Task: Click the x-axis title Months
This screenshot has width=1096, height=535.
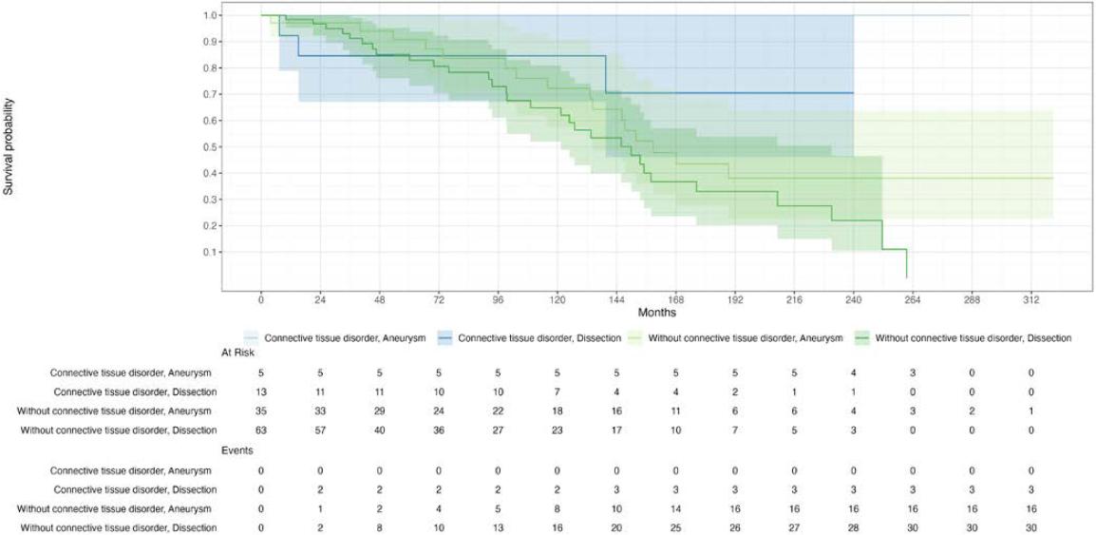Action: click(656, 311)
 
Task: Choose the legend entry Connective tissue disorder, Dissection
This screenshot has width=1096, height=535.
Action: click(530, 337)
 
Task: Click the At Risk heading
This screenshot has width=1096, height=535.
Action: click(28, 353)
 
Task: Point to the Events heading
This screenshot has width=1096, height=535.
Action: click(28, 453)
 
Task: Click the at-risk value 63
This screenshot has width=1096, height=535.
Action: click(261, 430)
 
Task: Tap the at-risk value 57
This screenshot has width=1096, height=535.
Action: click(320, 430)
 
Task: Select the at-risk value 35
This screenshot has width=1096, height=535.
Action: click(261, 411)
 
